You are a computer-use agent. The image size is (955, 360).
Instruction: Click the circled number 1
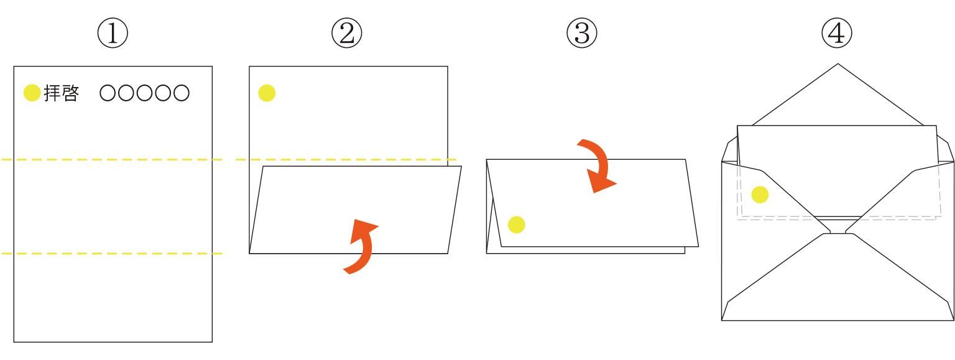113,34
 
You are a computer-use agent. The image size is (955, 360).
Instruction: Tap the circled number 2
347,34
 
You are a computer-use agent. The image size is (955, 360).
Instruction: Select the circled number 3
581,34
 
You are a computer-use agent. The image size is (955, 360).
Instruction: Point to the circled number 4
836,34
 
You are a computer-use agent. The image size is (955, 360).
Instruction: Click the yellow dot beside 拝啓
32,93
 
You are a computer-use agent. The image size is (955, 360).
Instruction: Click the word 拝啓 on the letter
62,93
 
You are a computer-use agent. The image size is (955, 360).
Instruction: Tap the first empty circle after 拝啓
108,93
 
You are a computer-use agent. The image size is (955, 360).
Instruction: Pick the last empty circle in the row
182,93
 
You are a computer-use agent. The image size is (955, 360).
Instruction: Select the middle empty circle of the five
144,93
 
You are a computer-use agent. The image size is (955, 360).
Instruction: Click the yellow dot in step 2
267,93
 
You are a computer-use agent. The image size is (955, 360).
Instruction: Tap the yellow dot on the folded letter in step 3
516,225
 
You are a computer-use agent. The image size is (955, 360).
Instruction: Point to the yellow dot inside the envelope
760,195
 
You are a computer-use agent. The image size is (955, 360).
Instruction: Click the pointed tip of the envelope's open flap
837,65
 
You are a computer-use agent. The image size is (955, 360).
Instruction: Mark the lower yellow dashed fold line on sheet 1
112,254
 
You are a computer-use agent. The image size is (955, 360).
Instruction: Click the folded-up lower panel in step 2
355,210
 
